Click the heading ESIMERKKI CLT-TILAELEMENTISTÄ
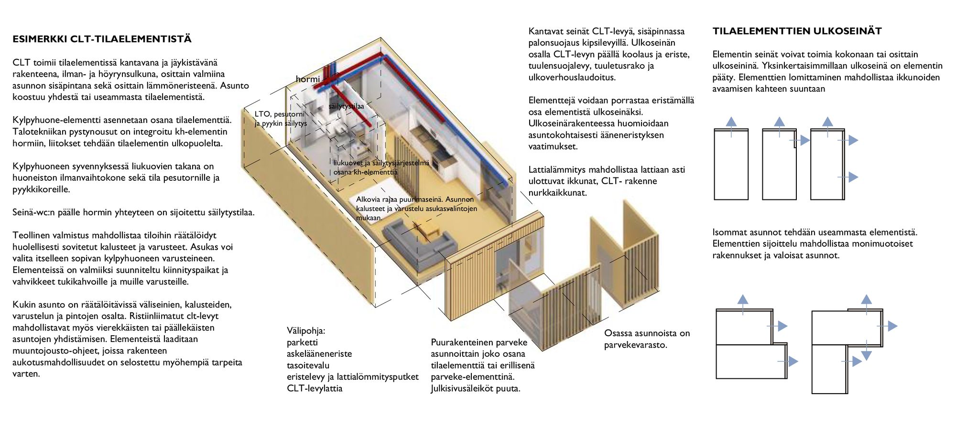point(102,39)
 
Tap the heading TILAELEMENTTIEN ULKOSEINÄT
point(797,31)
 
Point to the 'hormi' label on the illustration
point(307,79)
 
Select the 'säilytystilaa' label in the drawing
point(346,106)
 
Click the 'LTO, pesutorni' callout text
point(279,114)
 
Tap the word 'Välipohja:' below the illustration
point(306,330)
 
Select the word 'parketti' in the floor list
point(302,342)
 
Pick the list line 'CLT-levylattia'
point(315,388)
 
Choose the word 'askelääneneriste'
point(319,354)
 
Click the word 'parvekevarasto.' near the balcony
point(635,345)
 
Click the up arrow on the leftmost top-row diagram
point(731,122)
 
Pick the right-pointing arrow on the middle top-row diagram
point(804,141)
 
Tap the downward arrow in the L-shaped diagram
point(866,355)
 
